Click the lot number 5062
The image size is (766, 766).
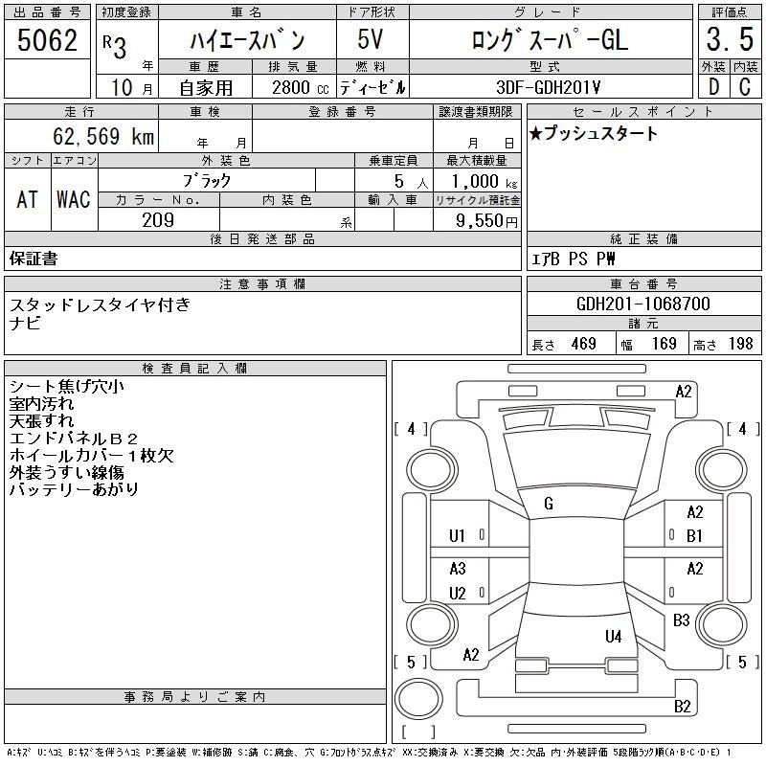[x=47, y=40]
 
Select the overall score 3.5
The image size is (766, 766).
[x=730, y=39]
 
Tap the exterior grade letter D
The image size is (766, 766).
[x=713, y=86]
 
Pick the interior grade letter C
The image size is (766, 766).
[x=745, y=86]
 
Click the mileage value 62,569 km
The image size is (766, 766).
[x=103, y=136]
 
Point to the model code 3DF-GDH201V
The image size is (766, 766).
[x=548, y=87]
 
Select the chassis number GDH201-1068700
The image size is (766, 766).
[x=642, y=304]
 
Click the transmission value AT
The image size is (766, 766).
[x=28, y=199]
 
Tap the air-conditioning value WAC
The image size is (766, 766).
[x=74, y=199]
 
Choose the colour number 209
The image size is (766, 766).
[x=158, y=220]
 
